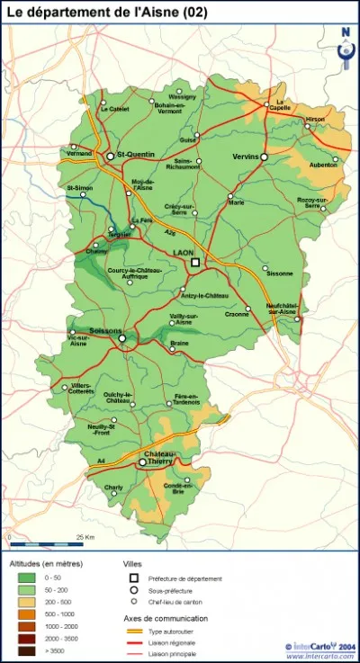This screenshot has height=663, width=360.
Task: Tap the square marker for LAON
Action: [194, 263]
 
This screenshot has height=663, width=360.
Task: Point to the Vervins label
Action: [246, 156]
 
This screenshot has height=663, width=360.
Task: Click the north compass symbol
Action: [345, 38]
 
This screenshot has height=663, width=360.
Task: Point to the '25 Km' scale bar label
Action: [86, 536]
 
